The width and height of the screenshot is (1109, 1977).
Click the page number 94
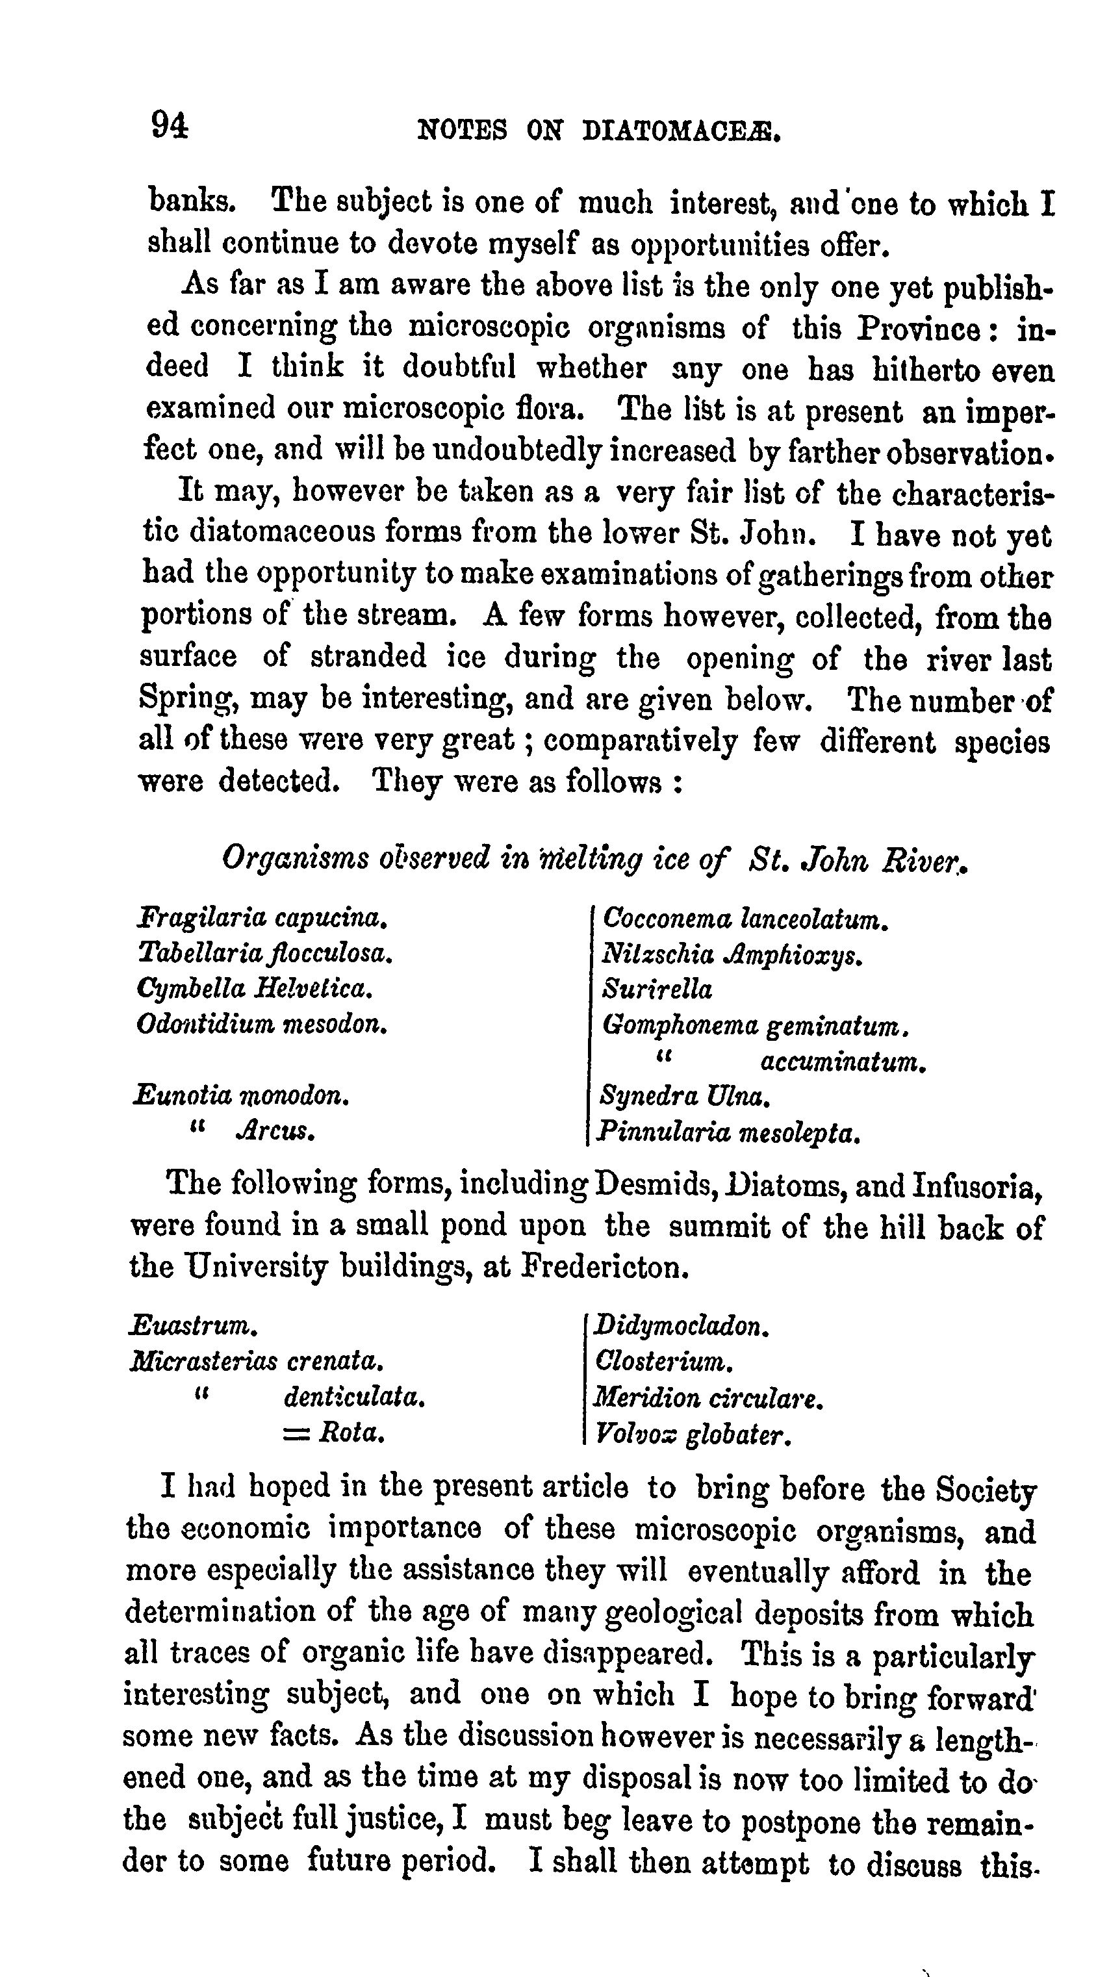169,124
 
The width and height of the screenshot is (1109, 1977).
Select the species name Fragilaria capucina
260,917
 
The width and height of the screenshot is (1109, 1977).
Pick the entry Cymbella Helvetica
254,989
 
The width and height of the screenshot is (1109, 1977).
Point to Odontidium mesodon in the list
261,1024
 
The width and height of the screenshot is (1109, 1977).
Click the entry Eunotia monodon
241,1095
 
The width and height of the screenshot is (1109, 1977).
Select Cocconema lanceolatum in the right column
745,919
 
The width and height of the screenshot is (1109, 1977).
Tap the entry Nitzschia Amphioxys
733,955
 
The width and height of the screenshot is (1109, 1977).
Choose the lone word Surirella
657,989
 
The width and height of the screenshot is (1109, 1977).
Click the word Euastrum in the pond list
193,1325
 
